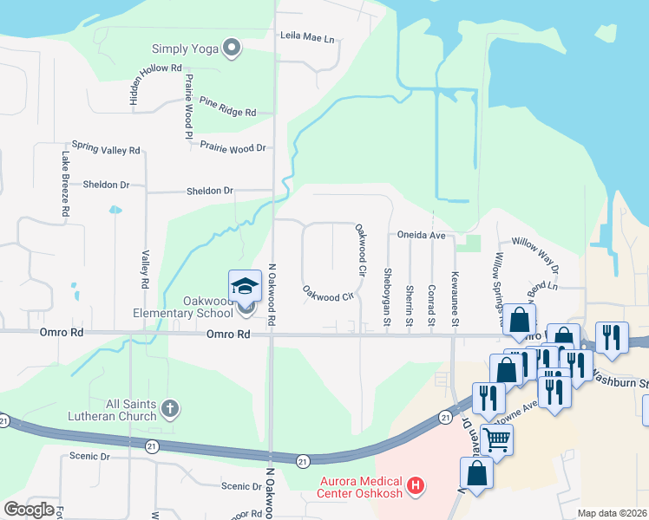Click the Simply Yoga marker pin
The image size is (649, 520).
pyautogui.click(x=232, y=49)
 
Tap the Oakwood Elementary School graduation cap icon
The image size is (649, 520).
pyautogui.click(x=246, y=286)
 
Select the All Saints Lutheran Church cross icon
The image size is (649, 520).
pyautogui.click(x=171, y=407)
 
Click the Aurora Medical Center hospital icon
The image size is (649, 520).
pyautogui.click(x=416, y=484)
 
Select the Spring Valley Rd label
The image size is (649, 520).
pyautogui.click(x=106, y=149)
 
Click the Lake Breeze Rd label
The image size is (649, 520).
pyautogui.click(x=65, y=184)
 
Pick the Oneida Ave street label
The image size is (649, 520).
pyautogui.click(x=421, y=235)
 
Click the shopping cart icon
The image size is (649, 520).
pyautogui.click(x=496, y=440)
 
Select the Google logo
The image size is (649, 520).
pyautogui.click(x=29, y=510)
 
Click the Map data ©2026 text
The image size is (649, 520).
pyautogui.click(x=612, y=513)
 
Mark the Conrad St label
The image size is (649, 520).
pyautogui.click(x=431, y=302)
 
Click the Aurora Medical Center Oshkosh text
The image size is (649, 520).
pyautogui.click(x=353, y=488)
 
